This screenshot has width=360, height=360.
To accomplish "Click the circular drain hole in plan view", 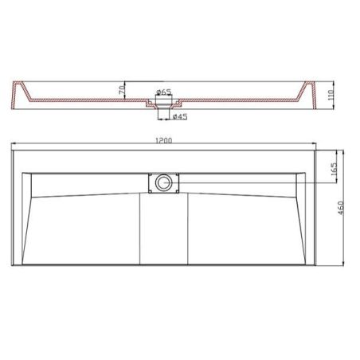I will [x=163, y=183].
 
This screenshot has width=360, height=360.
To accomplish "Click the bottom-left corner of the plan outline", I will [x=14, y=268].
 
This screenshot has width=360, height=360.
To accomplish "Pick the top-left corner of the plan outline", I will [x=14, y=150].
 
